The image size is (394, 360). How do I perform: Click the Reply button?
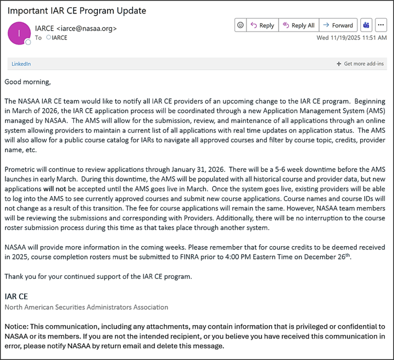[262, 25]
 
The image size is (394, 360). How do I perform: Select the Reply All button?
[298, 25]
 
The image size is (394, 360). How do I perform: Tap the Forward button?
[338, 25]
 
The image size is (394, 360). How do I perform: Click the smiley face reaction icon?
[240, 25]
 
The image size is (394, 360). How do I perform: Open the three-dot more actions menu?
[381, 25]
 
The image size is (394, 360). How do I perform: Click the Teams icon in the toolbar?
[366, 25]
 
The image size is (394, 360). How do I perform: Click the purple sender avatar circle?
[19, 33]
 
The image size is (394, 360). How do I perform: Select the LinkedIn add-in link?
[21, 64]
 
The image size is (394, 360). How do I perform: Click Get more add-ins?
[360, 64]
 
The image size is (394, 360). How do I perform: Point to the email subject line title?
[77, 11]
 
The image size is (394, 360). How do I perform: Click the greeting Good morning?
[28, 82]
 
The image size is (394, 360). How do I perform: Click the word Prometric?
[22, 170]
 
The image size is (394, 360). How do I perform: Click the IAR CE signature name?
[16, 296]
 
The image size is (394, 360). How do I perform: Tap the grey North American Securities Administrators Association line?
[86, 307]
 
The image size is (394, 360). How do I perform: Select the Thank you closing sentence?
[98, 276]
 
